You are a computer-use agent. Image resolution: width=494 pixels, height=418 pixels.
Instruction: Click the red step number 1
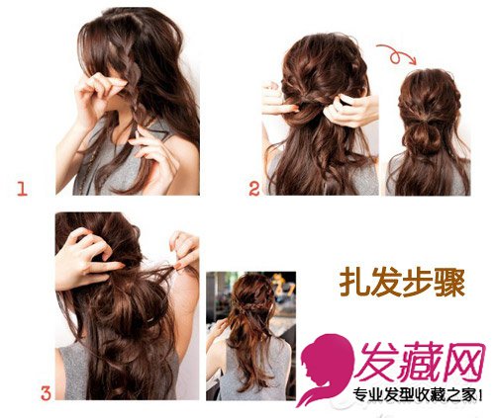click(22, 189)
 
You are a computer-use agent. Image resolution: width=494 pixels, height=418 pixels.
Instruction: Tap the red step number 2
click(254, 189)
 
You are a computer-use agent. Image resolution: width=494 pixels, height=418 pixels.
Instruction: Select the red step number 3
click(46, 393)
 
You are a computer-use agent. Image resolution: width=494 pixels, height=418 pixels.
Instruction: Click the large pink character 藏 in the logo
click(418, 363)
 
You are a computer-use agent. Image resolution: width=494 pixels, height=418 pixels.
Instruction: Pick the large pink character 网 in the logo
click(463, 363)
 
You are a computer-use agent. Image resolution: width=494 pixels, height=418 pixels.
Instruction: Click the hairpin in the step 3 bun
click(150, 319)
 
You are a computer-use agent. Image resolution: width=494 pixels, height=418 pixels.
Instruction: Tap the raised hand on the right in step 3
click(185, 250)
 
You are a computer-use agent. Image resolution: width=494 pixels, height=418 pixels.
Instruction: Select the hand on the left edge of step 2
click(277, 99)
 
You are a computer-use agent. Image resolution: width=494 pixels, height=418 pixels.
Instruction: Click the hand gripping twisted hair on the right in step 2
click(351, 111)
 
